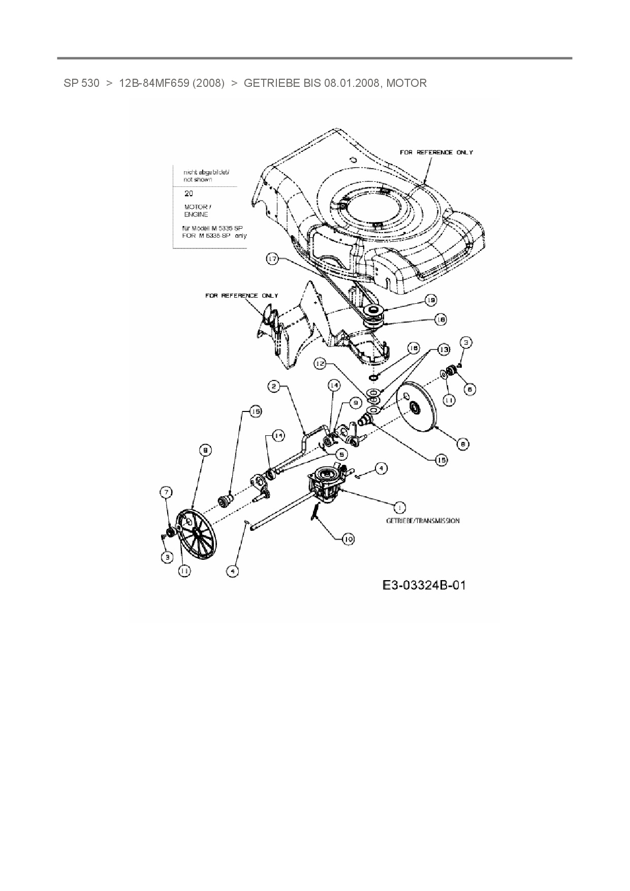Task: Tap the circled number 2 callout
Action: click(x=274, y=387)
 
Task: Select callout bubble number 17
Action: click(x=273, y=260)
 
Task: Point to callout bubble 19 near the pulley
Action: click(x=431, y=301)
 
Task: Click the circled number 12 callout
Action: click(x=320, y=364)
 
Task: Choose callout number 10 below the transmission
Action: click(x=348, y=539)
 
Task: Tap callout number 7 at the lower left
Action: click(x=166, y=492)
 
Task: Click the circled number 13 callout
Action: click(x=444, y=350)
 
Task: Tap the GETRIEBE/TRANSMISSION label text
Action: click(x=423, y=521)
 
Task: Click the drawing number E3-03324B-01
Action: click(x=424, y=585)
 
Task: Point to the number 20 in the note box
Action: click(x=188, y=194)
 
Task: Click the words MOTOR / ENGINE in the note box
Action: click(x=197, y=211)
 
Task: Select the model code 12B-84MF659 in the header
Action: click(x=171, y=83)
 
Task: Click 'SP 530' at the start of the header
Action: click(x=81, y=83)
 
